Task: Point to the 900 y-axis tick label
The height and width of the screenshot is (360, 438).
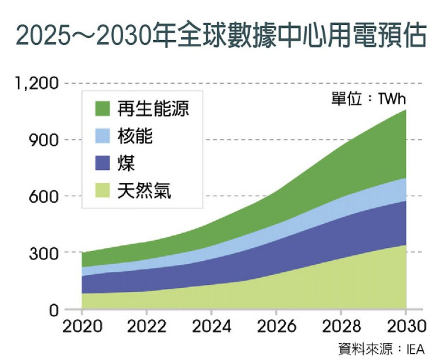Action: click(44, 140)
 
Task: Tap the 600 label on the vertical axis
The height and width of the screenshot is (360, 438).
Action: click(44, 196)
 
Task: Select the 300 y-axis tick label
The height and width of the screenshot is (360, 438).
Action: click(44, 253)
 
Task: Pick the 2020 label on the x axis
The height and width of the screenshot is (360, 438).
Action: click(83, 326)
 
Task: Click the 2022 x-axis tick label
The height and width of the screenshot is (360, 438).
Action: click(147, 326)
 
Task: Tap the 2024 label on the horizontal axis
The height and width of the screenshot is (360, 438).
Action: click(212, 326)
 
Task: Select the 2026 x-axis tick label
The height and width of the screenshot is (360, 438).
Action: click(277, 326)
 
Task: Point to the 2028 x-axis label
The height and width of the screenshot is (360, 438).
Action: click(341, 326)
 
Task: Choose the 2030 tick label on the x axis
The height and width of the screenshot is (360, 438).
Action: click(407, 326)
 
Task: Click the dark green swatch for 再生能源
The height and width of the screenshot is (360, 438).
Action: click(103, 108)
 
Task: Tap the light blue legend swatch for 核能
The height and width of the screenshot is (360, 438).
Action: click(103, 136)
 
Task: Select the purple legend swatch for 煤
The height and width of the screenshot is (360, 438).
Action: click(103, 163)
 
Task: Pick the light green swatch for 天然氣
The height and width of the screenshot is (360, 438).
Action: click(103, 190)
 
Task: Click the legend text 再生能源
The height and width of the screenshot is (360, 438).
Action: click(153, 108)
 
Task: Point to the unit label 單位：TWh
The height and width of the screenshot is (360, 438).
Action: click(368, 98)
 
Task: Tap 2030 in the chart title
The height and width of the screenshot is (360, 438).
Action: click(125, 36)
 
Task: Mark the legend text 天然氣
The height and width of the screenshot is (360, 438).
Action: click(144, 190)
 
